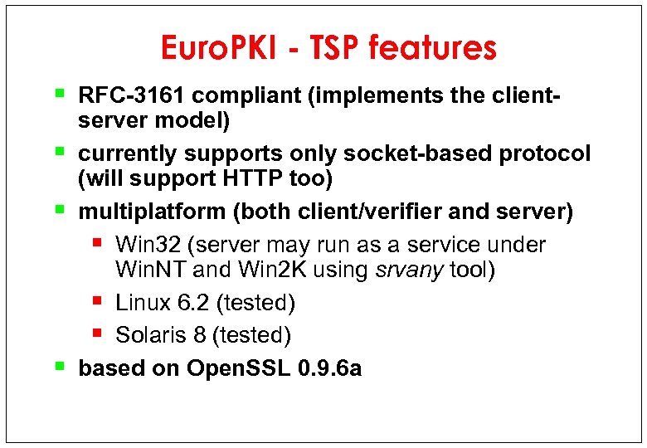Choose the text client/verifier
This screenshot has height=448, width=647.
(343, 212)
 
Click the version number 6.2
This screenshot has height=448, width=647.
(196, 303)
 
